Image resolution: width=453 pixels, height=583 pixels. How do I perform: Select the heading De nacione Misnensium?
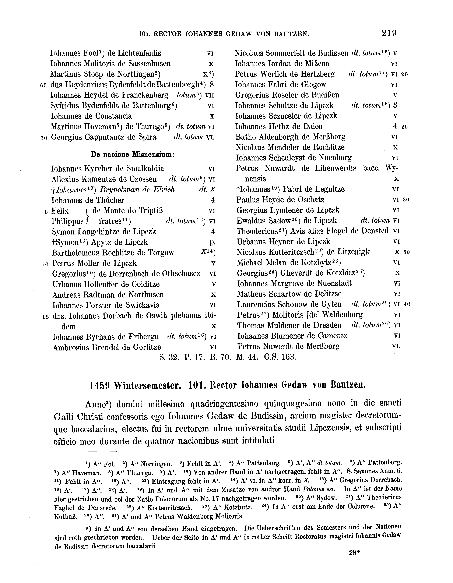point(133,155)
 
